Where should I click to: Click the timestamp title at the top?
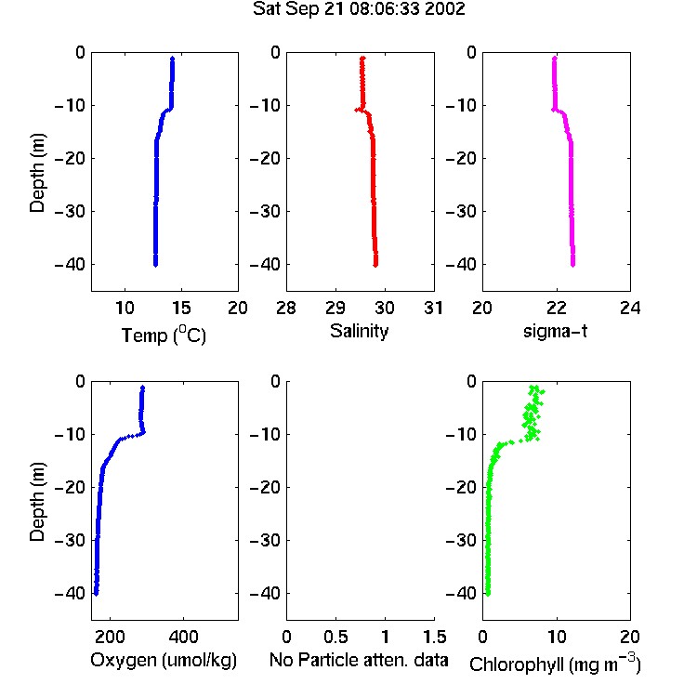(359, 8)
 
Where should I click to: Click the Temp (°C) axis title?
(164, 335)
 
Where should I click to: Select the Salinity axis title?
(359, 331)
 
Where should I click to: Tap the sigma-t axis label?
(555, 331)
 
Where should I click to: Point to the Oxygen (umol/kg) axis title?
(164, 660)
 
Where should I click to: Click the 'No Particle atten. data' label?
(359, 660)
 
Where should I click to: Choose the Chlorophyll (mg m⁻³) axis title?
(555, 663)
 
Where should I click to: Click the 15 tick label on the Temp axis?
(181, 308)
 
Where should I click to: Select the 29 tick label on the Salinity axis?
(335, 308)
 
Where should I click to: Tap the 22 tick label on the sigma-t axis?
(556, 308)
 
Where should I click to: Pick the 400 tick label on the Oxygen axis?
(183, 637)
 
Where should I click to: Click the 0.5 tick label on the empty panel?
(335, 637)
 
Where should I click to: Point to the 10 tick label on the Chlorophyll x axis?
(556, 637)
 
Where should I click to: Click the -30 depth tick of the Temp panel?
(70, 211)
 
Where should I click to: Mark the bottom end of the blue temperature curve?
(155, 265)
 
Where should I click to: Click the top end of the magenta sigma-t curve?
(554, 59)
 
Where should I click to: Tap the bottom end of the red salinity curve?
(375, 265)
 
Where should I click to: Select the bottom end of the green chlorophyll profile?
(488, 594)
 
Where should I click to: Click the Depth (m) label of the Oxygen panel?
(37, 502)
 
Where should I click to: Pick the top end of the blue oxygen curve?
(143, 388)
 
